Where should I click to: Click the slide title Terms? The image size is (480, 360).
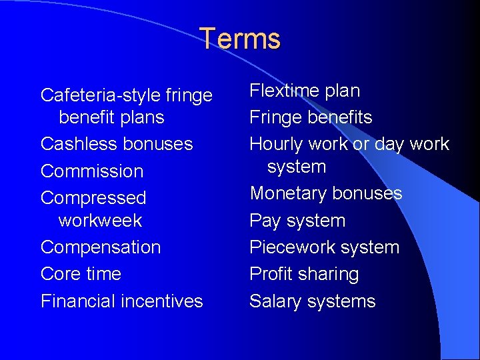coord(240,39)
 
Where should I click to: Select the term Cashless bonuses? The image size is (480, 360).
coord(117,144)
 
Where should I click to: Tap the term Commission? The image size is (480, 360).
coord(92,171)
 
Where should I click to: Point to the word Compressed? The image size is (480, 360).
coord(93,199)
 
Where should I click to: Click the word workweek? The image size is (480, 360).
coord(101,220)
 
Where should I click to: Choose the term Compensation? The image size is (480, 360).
coord(101,247)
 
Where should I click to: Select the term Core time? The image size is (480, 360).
coord(81,274)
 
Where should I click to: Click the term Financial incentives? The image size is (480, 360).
coord(121,301)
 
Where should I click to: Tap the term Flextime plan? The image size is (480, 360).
coord(305,91)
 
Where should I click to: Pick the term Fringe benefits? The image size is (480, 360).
coord(311,117)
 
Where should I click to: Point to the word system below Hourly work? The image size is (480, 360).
coord(297,167)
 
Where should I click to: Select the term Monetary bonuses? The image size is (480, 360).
coord(326,193)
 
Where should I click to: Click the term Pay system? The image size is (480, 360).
coord(297,221)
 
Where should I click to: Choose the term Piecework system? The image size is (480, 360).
coord(324,247)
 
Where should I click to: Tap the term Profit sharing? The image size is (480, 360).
coord(304,274)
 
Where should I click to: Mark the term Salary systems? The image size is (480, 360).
coord(313,301)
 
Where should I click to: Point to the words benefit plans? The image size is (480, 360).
coord(111,117)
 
